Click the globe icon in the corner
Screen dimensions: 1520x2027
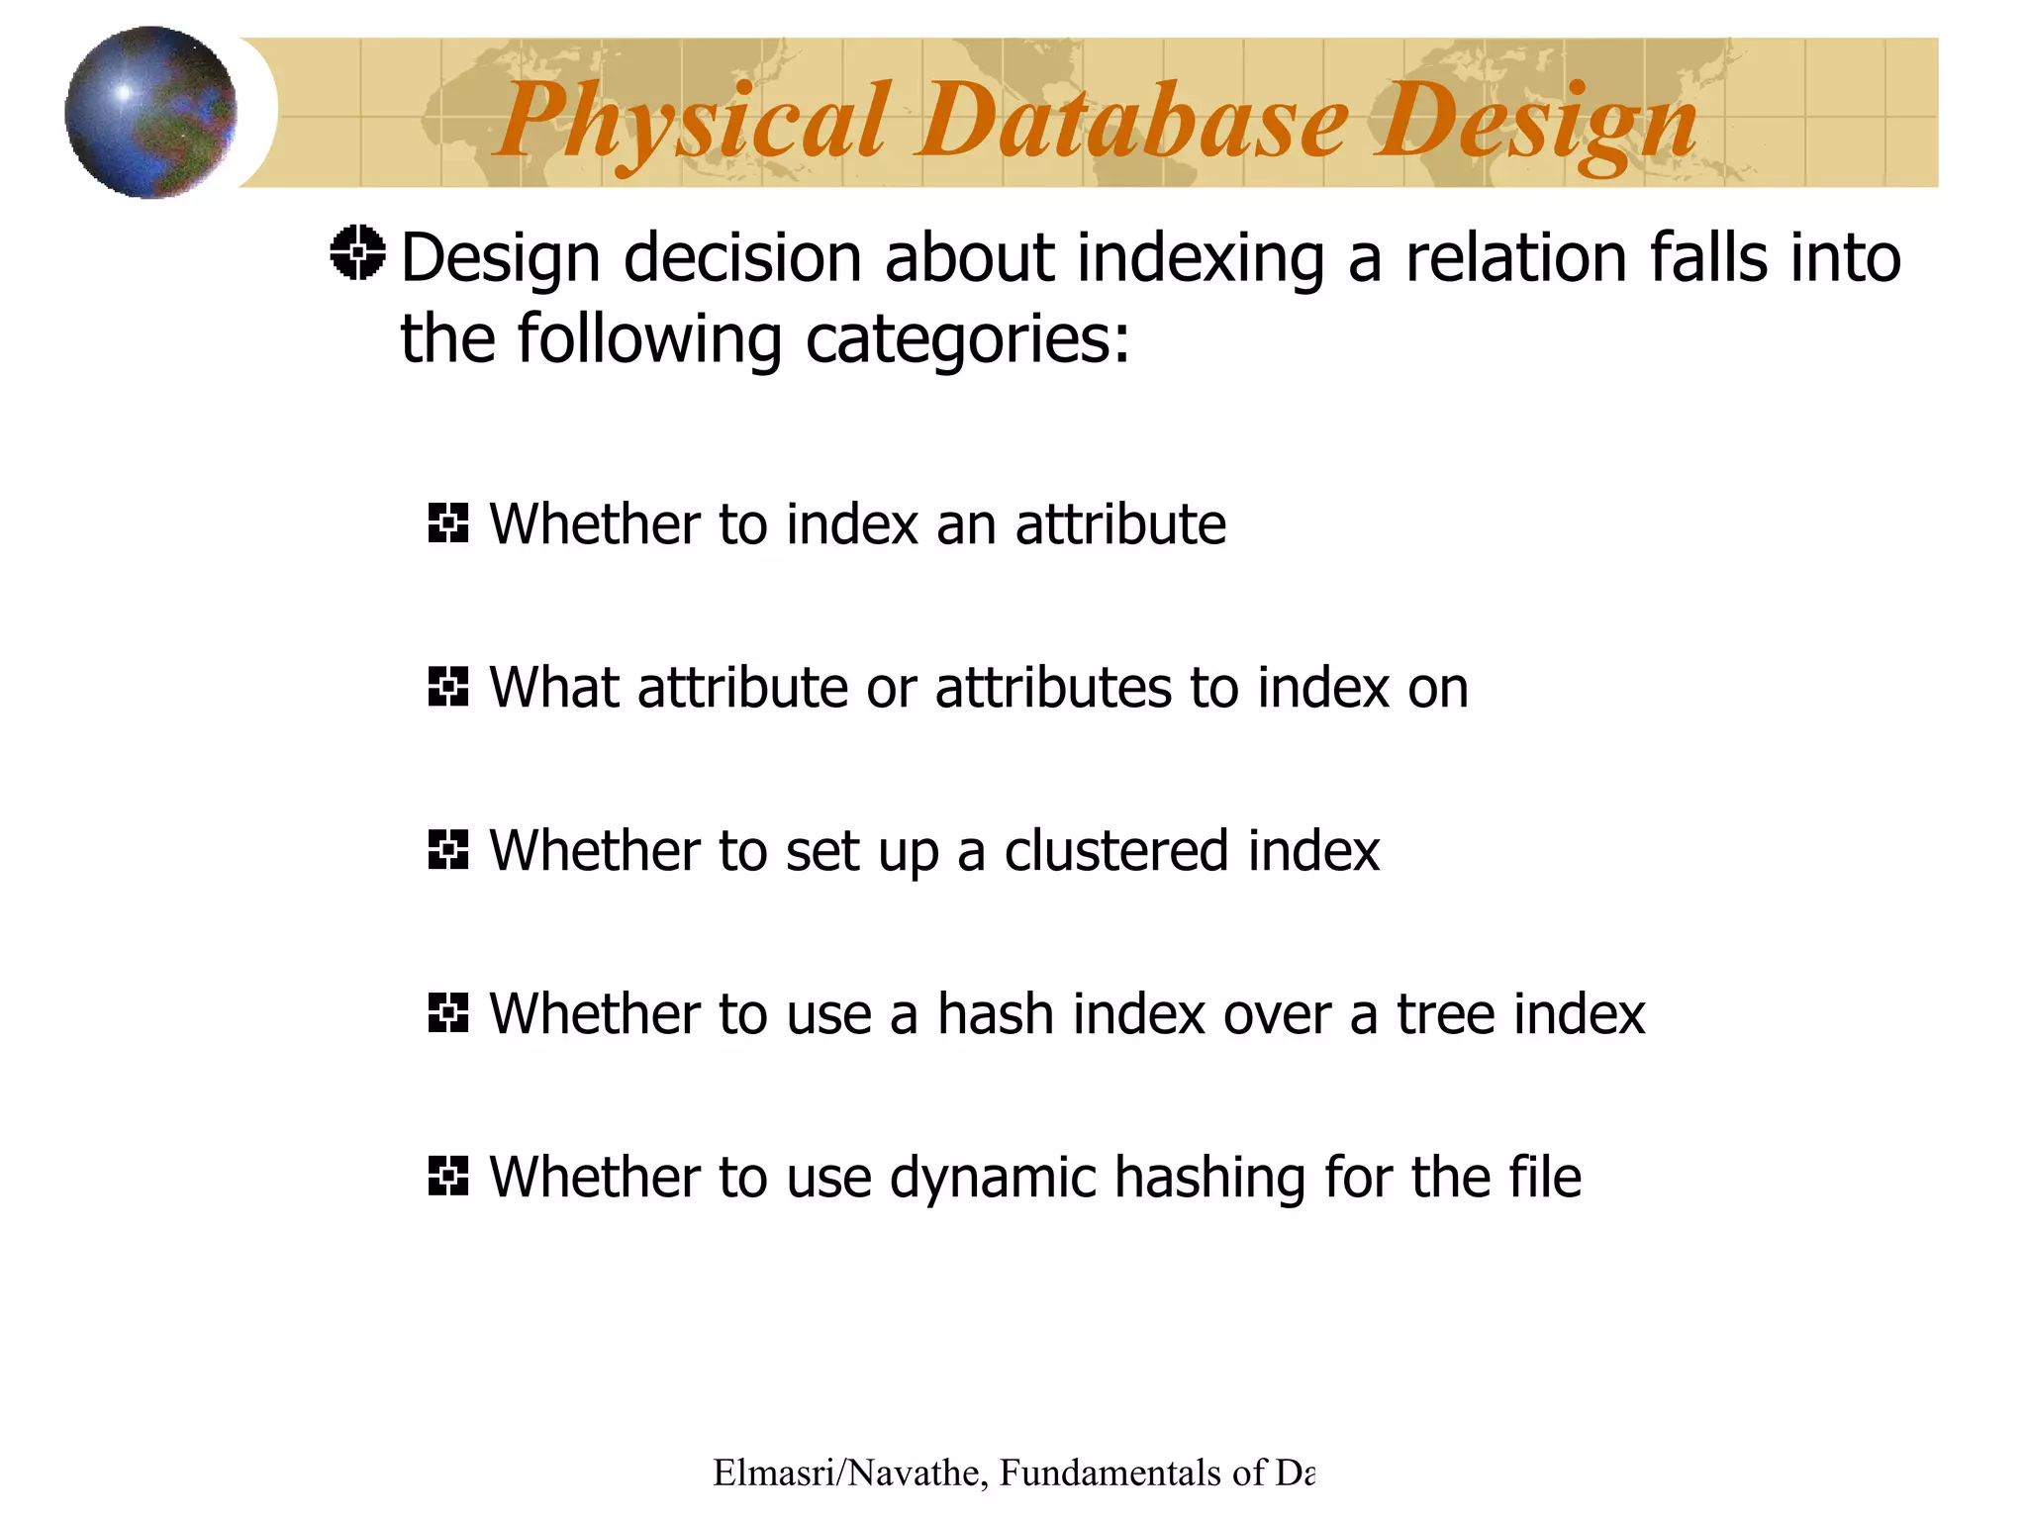click(x=150, y=112)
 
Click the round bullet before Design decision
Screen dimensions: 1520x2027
click(x=357, y=253)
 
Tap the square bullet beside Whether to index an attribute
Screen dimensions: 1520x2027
click(x=447, y=522)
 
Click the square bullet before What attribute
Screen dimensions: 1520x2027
click(x=447, y=686)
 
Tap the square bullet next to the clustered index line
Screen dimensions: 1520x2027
click(x=447, y=849)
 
